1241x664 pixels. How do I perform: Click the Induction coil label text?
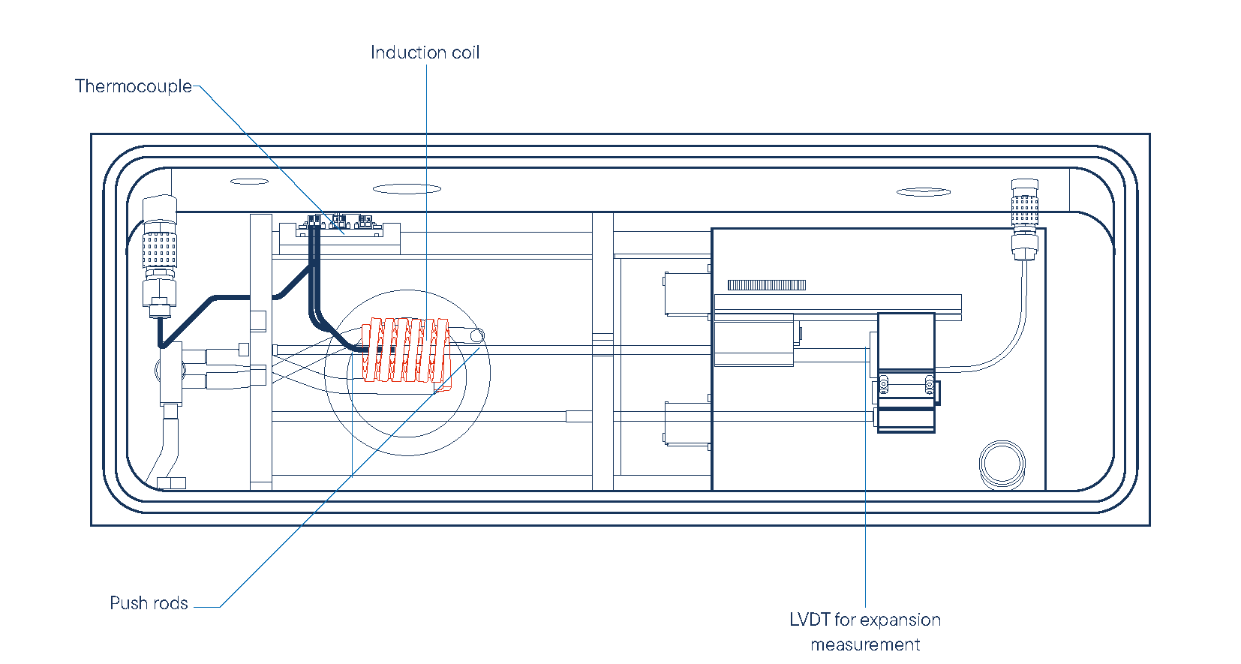point(425,53)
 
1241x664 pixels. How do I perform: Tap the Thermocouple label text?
point(134,86)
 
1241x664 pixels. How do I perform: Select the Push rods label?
point(149,603)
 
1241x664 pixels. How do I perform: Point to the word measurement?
point(865,644)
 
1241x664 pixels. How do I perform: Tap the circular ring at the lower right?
point(1002,464)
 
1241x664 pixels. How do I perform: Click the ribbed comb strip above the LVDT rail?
point(766,285)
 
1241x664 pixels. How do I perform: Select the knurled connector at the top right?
point(1025,210)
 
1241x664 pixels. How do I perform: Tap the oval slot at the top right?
point(924,192)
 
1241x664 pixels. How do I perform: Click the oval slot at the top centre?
point(407,189)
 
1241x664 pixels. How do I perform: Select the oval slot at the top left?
point(249,182)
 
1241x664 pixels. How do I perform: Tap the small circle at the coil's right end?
point(477,335)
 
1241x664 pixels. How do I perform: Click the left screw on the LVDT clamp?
point(884,385)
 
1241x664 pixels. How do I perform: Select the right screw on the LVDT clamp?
point(930,385)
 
